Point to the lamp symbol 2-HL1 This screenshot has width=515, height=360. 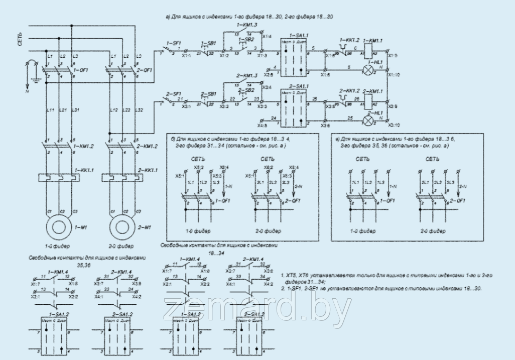369,121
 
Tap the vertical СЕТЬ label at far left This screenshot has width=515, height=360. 21,39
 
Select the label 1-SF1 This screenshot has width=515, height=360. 173,44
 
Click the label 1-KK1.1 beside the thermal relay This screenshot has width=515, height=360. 84,171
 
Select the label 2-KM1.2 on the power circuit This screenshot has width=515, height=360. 147,146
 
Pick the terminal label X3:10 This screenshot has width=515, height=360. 394,125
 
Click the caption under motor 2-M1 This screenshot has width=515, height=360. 121,247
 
